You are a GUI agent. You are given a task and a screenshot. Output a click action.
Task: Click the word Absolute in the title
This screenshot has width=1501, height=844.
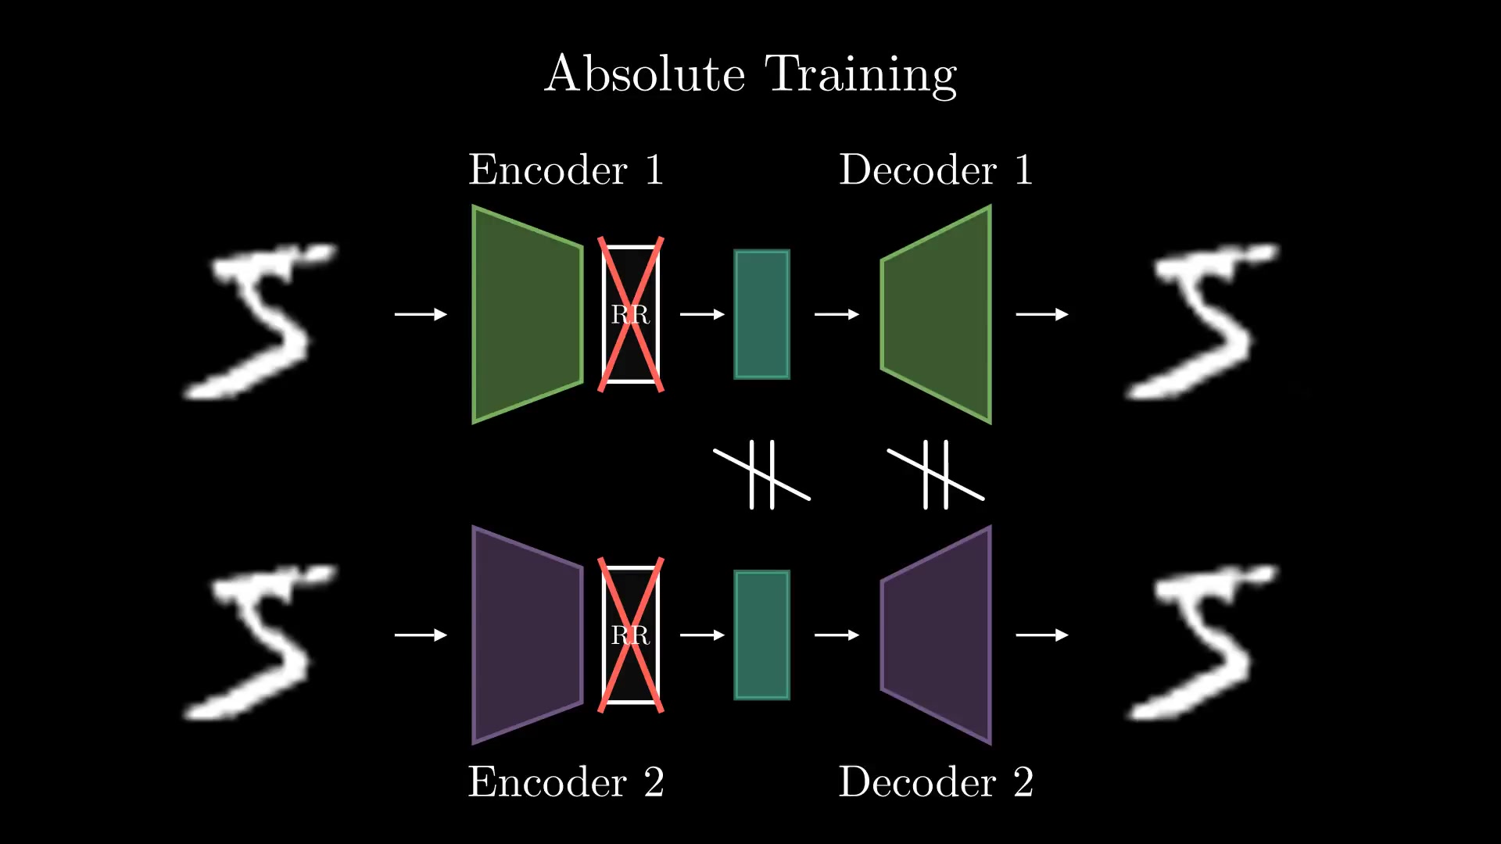645,74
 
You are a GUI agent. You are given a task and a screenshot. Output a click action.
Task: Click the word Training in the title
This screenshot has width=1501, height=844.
861,76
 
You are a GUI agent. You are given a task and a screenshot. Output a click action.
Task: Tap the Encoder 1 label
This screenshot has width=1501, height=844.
566,170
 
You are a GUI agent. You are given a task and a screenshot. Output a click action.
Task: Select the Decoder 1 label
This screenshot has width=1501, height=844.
936,170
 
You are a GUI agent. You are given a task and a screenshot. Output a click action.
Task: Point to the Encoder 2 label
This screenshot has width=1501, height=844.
566,781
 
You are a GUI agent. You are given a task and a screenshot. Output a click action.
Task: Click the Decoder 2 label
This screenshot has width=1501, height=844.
936,781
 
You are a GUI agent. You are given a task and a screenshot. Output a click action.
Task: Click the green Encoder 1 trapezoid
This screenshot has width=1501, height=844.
528,314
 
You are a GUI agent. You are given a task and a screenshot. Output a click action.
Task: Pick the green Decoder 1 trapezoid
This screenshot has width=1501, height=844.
937,314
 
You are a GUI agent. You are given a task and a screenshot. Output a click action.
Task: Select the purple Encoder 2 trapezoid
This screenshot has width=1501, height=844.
528,635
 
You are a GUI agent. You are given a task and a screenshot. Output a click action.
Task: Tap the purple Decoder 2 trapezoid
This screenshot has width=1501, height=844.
937,635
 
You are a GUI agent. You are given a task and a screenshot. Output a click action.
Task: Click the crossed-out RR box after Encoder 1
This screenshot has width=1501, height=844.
631,314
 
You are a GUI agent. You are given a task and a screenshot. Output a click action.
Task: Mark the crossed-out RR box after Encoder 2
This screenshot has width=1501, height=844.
631,635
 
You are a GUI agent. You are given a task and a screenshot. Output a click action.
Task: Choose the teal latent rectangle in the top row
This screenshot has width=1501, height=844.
762,314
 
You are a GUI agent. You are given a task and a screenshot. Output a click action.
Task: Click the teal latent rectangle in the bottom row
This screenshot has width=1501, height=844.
762,635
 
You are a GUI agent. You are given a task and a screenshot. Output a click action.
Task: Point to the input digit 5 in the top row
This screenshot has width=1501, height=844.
260,321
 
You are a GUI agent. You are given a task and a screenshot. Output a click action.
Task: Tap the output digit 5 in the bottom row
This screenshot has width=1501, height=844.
1202,642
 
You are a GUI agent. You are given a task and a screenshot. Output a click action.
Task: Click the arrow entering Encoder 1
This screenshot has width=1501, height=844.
421,314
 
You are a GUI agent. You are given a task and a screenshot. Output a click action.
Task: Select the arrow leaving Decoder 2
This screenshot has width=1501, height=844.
1042,635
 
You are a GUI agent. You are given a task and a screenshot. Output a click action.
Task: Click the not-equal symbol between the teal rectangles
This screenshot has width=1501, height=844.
762,474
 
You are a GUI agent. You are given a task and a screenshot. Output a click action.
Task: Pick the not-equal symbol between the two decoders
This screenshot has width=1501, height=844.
936,474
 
